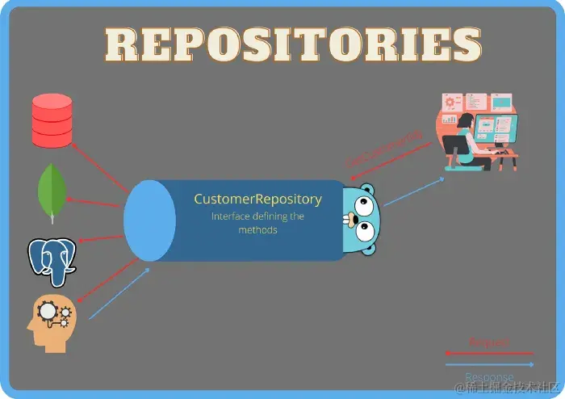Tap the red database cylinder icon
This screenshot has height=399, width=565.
pyautogui.click(x=52, y=120)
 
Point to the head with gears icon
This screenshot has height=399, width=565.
pyautogui.click(x=50, y=321)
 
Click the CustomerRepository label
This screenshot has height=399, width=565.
pyautogui.click(x=257, y=199)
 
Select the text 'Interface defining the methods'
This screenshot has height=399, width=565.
pyautogui.click(x=257, y=223)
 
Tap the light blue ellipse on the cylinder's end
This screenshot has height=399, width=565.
pyautogui.click(x=149, y=220)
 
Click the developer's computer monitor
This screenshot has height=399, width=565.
pyautogui.click(x=496, y=128)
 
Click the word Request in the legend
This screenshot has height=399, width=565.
pyautogui.click(x=489, y=343)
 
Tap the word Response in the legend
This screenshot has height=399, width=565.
pyautogui.click(x=489, y=376)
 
